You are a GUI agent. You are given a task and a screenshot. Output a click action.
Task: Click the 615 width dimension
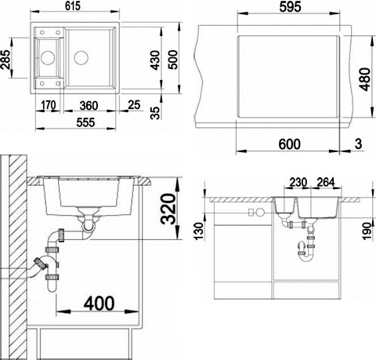pyautogui.click(x=73, y=6)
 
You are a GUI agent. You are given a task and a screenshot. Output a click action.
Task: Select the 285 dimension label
pyautogui.click(x=5, y=60)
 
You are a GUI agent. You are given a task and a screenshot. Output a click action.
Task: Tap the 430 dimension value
pyautogui.click(x=156, y=60)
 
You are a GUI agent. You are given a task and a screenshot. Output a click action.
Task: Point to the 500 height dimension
pyautogui.click(x=173, y=60)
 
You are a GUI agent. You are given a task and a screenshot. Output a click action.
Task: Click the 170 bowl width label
pyautogui.click(x=49, y=105)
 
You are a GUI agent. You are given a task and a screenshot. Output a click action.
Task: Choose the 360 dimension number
pyautogui.click(x=89, y=106)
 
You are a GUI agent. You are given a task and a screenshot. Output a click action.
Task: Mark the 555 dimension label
pyautogui.click(x=85, y=122)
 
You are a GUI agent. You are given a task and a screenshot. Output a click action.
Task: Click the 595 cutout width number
pyautogui.click(x=290, y=6)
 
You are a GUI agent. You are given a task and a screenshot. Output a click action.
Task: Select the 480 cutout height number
pyautogui.click(x=365, y=79)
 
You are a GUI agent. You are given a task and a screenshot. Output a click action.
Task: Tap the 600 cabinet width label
pyautogui.click(x=290, y=144)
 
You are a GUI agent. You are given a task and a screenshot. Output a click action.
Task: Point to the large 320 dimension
pyautogui.click(x=168, y=209)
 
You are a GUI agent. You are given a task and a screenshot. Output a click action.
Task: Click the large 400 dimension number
pyautogui.click(x=99, y=304)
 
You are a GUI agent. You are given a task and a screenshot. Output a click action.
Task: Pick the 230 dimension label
pyautogui.click(x=298, y=182)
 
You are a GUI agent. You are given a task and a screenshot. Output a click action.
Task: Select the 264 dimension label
pyautogui.click(x=326, y=182)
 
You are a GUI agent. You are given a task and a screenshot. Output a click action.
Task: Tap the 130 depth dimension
pyautogui.click(x=199, y=231)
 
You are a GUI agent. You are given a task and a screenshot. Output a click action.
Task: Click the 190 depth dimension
pyautogui.click(x=367, y=231)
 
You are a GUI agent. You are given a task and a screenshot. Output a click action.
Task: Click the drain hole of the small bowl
pyautogui.click(x=48, y=57)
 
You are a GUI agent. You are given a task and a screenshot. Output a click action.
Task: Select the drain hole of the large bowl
pyautogui.click(x=81, y=57)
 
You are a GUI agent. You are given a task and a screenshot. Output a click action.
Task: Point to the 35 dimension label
pyautogui.click(x=155, y=113)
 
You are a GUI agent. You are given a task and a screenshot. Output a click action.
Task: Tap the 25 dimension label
pyautogui.click(x=134, y=105)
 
